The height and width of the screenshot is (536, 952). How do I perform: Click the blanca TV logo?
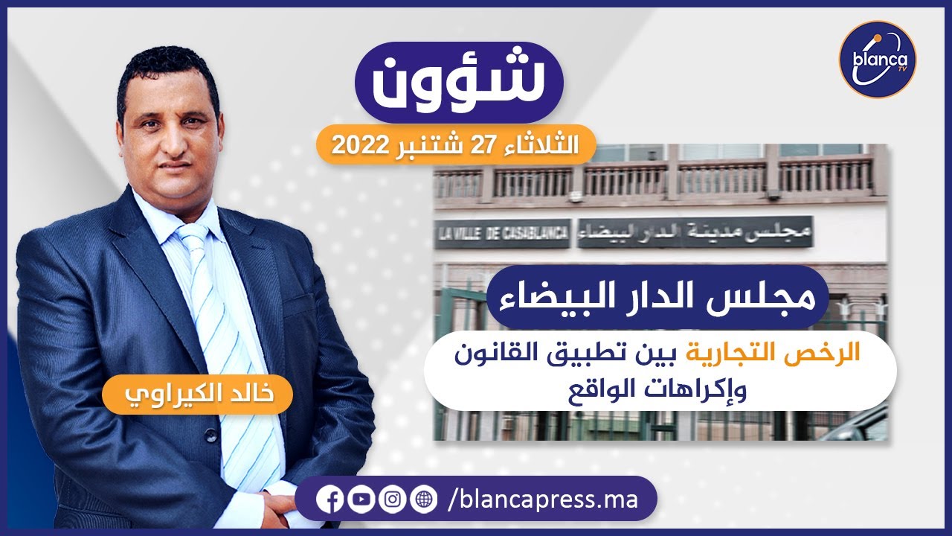point(877,60)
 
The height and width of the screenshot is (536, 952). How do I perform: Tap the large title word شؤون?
point(458,83)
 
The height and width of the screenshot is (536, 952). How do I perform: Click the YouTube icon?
point(361,500)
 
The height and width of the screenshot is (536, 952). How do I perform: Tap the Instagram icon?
point(392,500)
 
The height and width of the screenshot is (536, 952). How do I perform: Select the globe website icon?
point(423,500)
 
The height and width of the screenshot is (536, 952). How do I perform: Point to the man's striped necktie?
point(223,335)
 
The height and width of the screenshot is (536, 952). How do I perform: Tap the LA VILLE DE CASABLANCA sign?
point(503,233)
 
